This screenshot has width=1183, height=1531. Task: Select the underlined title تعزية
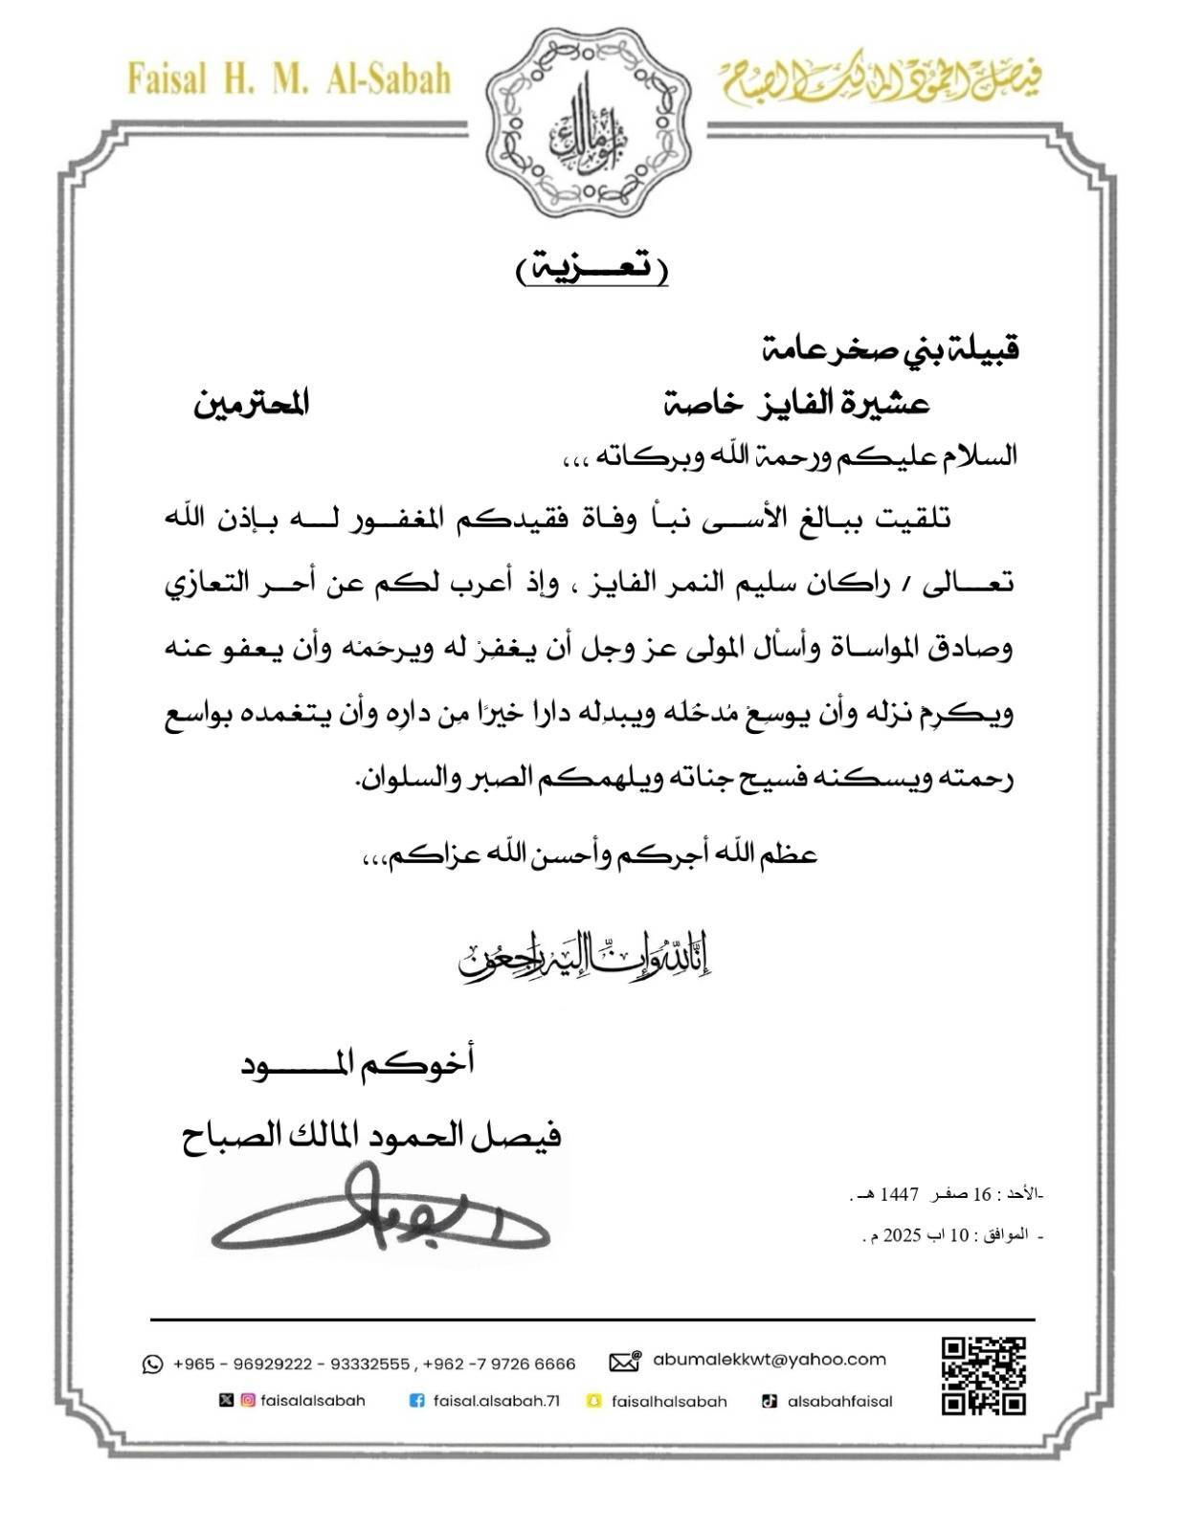[x=591, y=270]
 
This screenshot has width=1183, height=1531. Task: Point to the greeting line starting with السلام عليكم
[x=784, y=456]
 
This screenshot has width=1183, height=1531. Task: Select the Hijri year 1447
[x=900, y=1195]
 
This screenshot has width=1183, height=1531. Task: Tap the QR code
[x=983, y=1375]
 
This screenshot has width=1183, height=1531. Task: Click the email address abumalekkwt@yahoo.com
[x=770, y=1359]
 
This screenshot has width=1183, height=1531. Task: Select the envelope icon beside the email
[x=624, y=1361]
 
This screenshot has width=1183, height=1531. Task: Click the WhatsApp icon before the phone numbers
[x=152, y=1364]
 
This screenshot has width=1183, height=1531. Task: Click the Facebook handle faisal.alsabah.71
[x=496, y=1401]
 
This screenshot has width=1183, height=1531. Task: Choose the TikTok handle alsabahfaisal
[x=839, y=1401]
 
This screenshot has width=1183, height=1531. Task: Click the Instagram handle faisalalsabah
[x=313, y=1401]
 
